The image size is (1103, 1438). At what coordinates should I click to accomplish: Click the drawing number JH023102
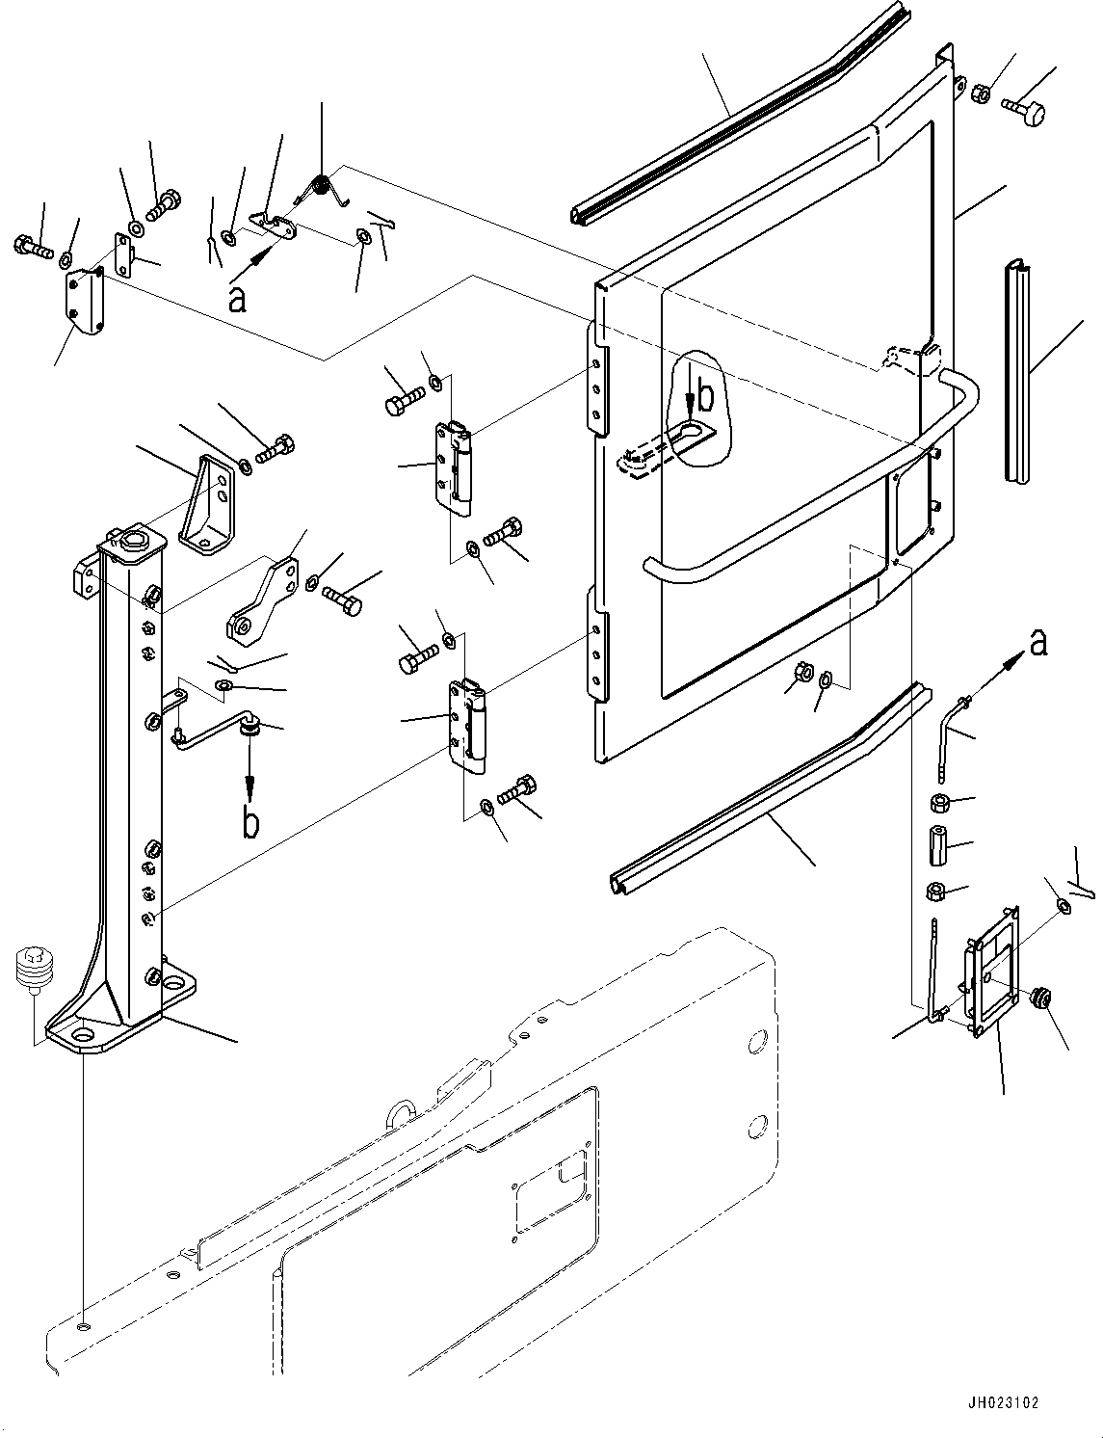[1004, 1403]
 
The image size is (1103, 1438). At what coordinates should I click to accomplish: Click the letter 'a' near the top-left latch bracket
[236, 300]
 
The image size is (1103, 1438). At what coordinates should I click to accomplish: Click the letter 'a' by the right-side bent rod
[1037, 642]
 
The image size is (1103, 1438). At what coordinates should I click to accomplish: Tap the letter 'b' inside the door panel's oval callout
[705, 395]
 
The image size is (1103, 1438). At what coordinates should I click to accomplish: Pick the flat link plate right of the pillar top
[262, 599]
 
